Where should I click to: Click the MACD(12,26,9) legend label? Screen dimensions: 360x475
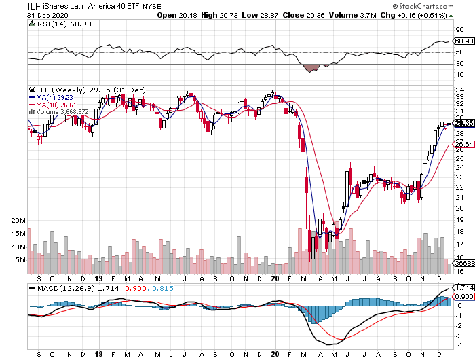point(57,288)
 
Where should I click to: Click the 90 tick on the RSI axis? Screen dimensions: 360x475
point(459,30)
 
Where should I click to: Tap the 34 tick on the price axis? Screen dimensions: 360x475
point(459,88)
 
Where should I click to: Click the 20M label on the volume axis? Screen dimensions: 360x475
point(18,221)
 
